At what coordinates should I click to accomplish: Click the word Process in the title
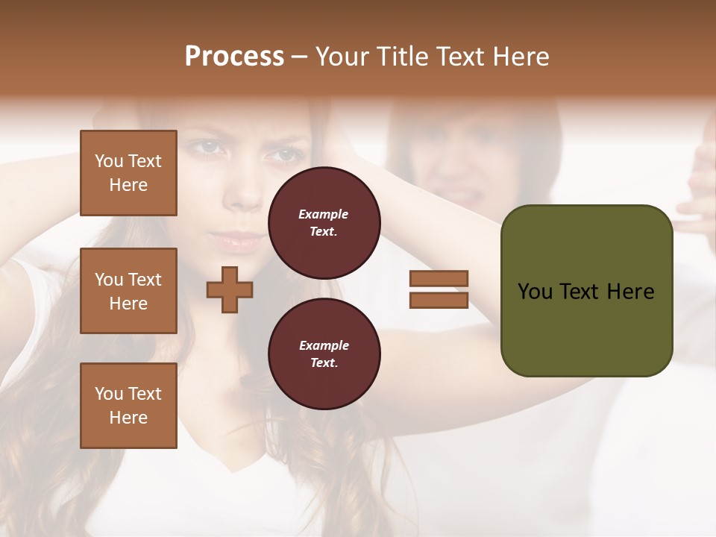234,57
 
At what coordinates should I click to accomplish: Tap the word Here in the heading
519,57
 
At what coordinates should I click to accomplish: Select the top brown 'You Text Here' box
128,173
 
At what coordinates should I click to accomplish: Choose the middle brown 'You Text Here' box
128,291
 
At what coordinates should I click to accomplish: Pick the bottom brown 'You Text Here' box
128,406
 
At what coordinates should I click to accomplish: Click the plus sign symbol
230,289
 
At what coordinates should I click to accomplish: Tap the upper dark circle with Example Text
324,222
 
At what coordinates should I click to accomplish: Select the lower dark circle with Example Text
324,354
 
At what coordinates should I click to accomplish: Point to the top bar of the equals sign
439,278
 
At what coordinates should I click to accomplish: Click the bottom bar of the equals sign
439,300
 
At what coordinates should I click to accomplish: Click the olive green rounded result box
586,328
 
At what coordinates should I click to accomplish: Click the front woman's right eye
284,156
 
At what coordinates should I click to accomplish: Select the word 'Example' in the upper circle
324,214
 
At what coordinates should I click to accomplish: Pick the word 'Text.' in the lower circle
324,363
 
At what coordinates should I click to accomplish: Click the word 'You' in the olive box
534,292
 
